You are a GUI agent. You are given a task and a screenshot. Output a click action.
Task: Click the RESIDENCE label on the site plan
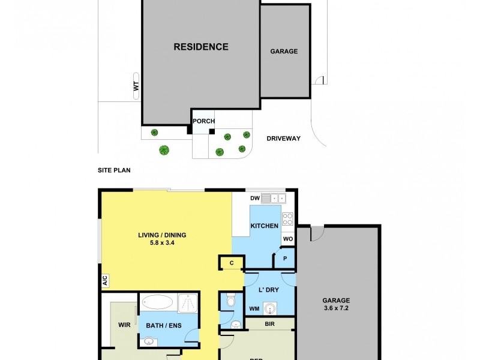pos(201,47)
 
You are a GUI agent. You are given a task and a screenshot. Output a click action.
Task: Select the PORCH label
pos(203,121)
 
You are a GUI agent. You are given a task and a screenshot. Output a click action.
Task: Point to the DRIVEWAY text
pos(283,139)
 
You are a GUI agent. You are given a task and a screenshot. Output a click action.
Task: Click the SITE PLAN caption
pos(114,170)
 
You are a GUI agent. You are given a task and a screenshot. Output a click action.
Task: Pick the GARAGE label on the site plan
pos(284,52)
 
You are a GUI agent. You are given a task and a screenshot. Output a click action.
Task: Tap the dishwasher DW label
pos(254,198)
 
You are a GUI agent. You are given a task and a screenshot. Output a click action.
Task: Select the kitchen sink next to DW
pos(277,197)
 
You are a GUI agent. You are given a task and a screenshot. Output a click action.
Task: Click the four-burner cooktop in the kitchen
pos(287,219)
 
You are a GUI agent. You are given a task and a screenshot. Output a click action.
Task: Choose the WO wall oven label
pos(287,239)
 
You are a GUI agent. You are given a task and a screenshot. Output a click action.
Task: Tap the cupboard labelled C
pos(232,262)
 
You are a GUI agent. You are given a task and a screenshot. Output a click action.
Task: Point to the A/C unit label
pos(105,280)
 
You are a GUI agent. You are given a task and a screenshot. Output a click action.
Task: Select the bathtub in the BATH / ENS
pos(159,302)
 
